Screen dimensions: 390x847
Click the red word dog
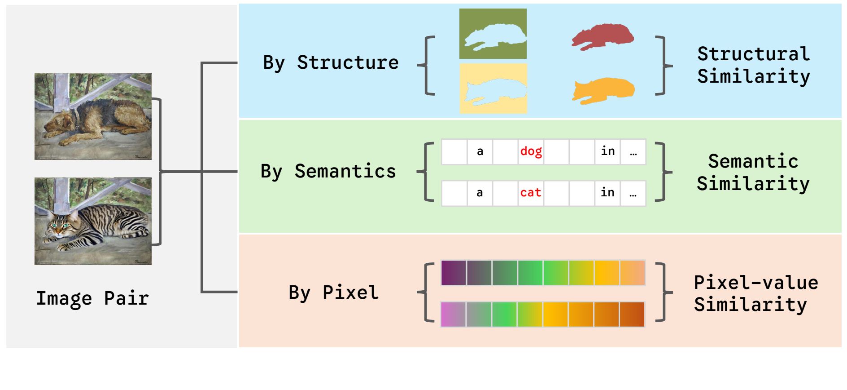pyautogui.click(x=531, y=151)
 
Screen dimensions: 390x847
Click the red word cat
pyautogui.click(x=530, y=193)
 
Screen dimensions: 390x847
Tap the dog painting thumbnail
pyautogui.click(x=93, y=116)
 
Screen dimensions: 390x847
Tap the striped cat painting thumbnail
pyautogui.click(x=93, y=221)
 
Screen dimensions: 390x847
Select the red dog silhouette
pyautogui.click(x=603, y=36)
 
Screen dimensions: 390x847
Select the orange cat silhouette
pyautogui.click(x=603, y=90)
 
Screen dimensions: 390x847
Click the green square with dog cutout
pyautogui.click(x=493, y=34)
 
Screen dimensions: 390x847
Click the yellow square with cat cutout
pyautogui.click(x=493, y=88)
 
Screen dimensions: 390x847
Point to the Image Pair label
pyautogui.click(x=92, y=298)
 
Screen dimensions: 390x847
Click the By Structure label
pyautogui.click(x=331, y=63)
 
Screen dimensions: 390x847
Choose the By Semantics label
pyautogui.click(x=328, y=172)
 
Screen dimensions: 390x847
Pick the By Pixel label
pyautogui.click(x=333, y=292)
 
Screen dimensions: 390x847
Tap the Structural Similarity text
pyautogui.click(x=753, y=65)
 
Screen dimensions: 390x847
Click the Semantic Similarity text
pyautogui.click(x=753, y=173)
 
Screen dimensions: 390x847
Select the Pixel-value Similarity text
pyautogui.click(x=755, y=293)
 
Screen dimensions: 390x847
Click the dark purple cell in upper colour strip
pyautogui.click(x=454, y=273)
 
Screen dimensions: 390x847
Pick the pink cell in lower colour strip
pyautogui.click(x=453, y=314)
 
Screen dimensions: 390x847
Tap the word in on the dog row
pyautogui.click(x=607, y=151)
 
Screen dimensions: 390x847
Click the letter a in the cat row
pyautogui.click(x=480, y=193)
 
